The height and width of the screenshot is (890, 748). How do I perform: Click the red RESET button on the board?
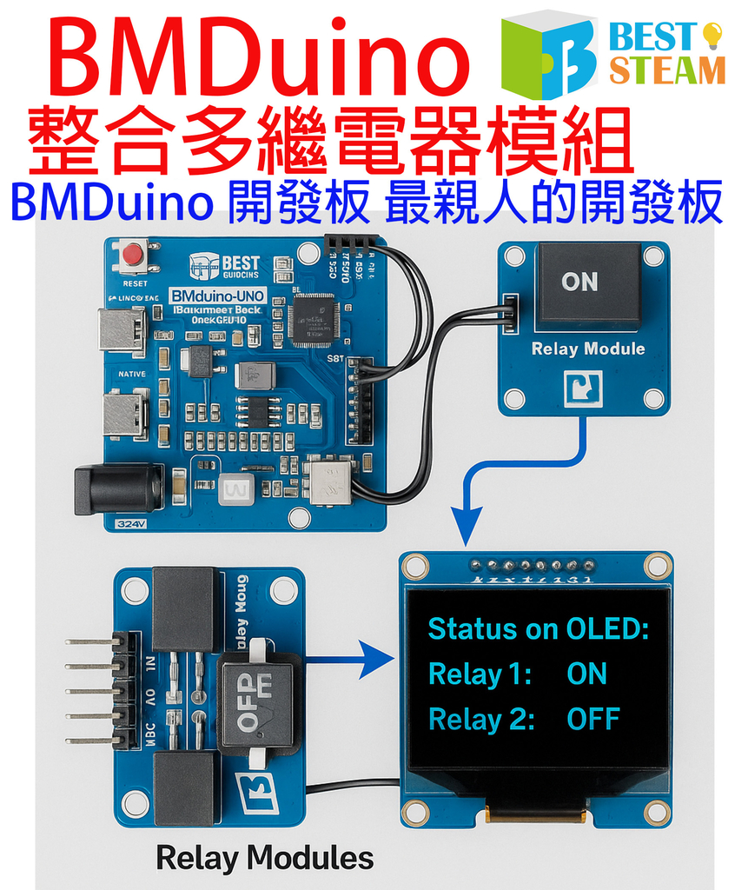coord(133,256)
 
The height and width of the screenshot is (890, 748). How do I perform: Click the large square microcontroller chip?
coord(313,319)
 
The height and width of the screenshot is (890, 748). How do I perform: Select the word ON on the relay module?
coord(579,282)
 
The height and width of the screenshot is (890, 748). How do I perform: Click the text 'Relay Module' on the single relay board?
coord(588,349)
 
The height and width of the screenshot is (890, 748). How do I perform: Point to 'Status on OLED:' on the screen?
coord(539,628)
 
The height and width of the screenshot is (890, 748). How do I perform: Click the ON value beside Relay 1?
coord(586,674)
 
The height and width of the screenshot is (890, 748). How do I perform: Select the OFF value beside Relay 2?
coord(593,720)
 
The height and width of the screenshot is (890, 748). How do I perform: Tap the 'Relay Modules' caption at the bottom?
coord(265,859)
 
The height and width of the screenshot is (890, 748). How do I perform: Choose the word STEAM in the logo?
coord(667,70)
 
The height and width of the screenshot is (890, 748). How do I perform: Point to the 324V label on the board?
coord(129,524)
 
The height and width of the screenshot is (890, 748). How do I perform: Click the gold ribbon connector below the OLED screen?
coord(535,814)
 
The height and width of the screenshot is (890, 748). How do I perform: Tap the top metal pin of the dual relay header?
coord(90,642)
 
